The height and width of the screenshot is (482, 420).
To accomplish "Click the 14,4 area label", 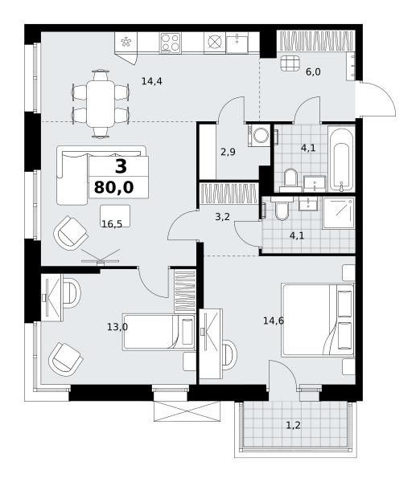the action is (x=152, y=81).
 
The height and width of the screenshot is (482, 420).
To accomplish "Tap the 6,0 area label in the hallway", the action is (x=313, y=72).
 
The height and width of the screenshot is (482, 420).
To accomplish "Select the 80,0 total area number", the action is (x=114, y=187).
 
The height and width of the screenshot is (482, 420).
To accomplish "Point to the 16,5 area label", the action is (x=112, y=224).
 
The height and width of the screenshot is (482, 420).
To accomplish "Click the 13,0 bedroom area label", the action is (x=117, y=327).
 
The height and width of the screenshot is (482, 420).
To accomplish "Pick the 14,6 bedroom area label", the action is (x=274, y=321).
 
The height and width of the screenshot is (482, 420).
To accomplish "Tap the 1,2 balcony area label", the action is (x=294, y=426).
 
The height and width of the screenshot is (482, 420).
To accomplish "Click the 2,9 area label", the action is (x=229, y=152).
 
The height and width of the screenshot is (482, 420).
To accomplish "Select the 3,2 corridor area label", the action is (x=222, y=217).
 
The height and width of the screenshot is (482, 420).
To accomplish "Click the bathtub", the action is (x=341, y=158).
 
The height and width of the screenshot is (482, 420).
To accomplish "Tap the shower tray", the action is (x=339, y=214).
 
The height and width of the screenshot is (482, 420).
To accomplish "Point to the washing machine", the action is (x=258, y=135).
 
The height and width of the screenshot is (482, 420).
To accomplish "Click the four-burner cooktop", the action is (x=170, y=43).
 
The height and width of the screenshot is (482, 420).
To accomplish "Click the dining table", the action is (x=101, y=104).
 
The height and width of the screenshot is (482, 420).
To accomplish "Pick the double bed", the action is (x=318, y=321).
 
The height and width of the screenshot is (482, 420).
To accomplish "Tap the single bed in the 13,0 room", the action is (x=159, y=332).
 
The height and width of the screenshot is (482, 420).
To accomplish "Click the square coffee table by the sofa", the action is (x=115, y=216).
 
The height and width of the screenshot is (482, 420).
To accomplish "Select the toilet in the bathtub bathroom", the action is (x=290, y=179).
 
